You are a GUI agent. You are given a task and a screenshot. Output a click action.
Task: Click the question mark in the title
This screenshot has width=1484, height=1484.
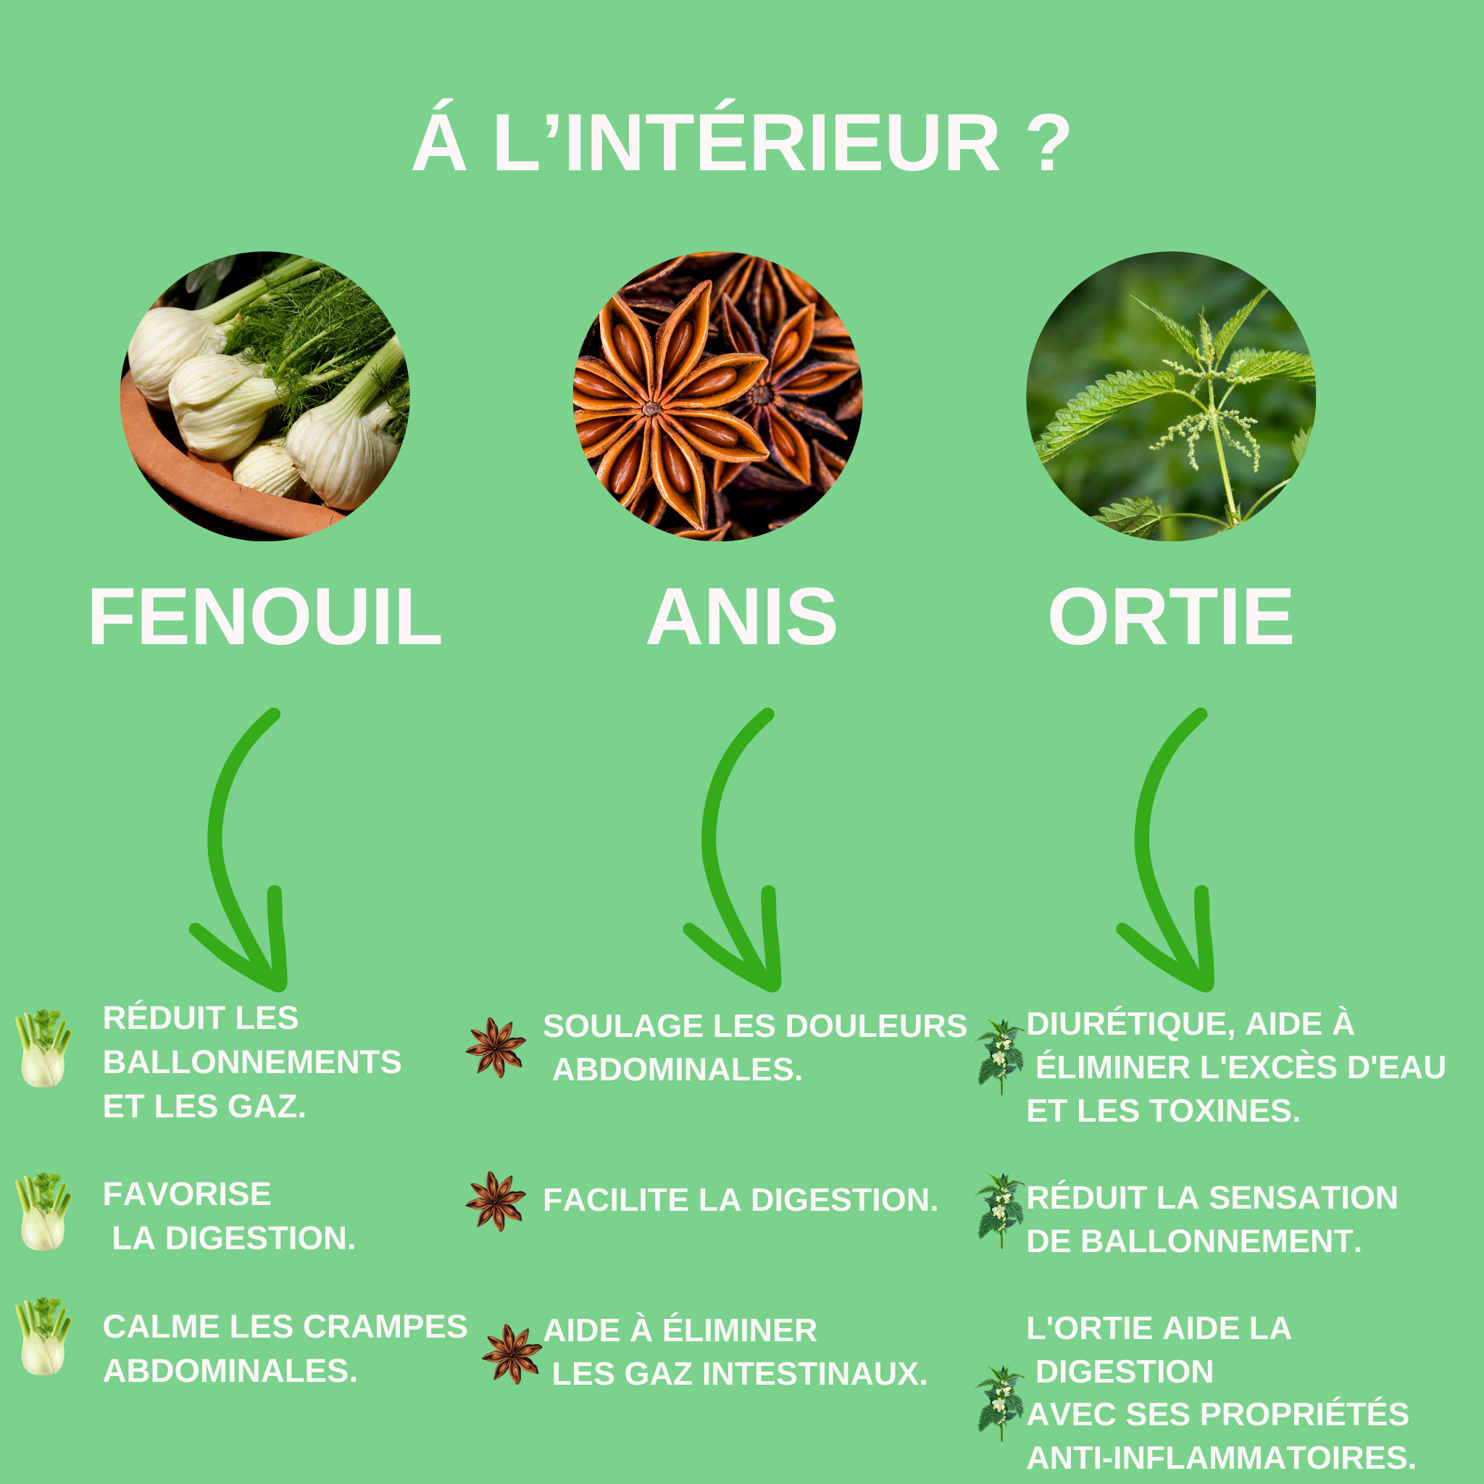click(x=1048, y=143)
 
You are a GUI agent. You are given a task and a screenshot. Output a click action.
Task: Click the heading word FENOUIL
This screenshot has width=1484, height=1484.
click(x=266, y=617)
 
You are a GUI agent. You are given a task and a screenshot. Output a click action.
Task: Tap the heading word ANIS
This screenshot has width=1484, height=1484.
click(x=742, y=617)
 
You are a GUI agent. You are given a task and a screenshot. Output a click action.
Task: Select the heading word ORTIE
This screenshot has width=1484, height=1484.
click(x=1171, y=617)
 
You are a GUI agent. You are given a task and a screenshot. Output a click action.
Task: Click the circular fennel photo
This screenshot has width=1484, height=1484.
click(x=265, y=396)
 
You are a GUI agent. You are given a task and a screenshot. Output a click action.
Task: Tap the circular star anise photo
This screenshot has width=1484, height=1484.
click(x=717, y=396)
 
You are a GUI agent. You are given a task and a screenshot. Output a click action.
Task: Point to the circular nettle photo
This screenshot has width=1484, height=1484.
click(x=1171, y=396)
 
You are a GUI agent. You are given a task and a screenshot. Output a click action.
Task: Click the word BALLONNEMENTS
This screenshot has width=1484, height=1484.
click(x=252, y=1062)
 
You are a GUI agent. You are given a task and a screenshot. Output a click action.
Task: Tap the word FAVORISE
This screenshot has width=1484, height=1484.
click(x=187, y=1193)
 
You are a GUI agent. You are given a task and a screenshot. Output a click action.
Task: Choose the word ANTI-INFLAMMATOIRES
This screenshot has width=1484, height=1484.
click(x=1221, y=1457)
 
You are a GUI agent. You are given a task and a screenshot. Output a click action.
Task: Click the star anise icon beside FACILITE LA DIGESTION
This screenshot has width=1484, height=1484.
click(x=496, y=1201)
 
